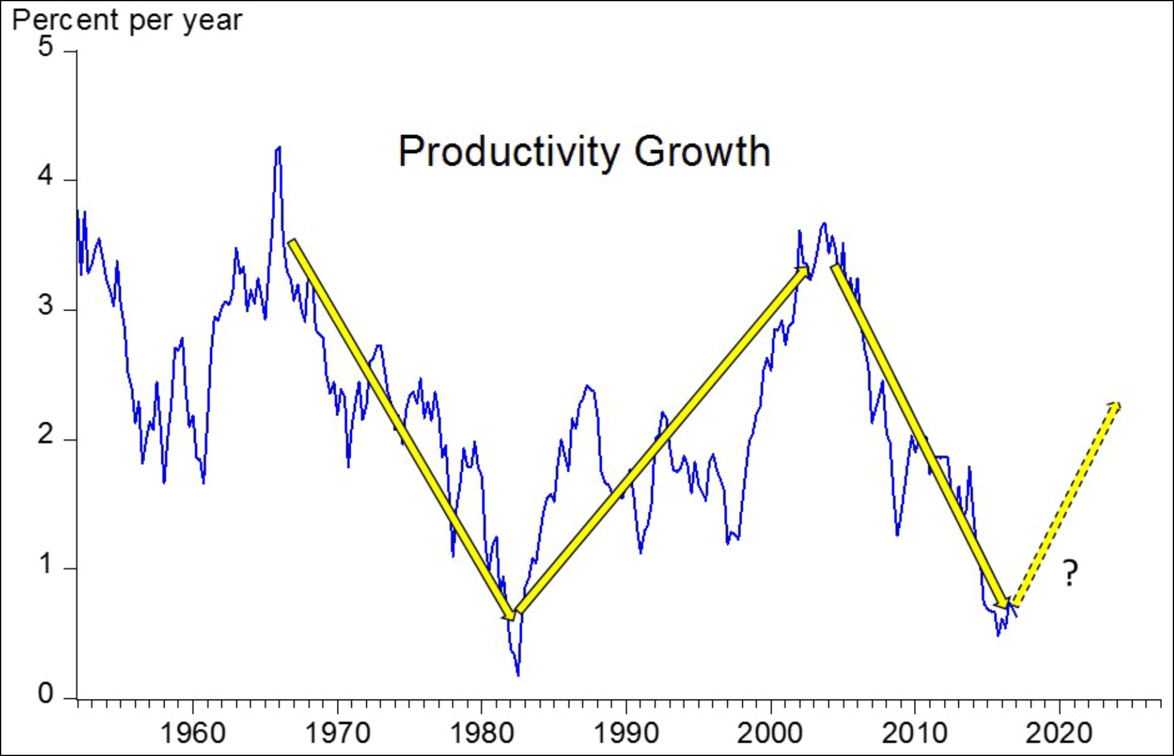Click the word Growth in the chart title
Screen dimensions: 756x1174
click(x=702, y=152)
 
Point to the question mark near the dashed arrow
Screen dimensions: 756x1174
click(x=1070, y=573)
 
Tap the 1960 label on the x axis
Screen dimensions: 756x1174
click(x=193, y=733)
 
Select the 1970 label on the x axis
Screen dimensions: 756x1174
click(x=337, y=733)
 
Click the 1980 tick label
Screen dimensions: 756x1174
click(x=482, y=733)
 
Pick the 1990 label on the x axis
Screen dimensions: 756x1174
click(x=626, y=733)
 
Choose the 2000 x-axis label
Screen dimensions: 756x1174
click(x=770, y=733)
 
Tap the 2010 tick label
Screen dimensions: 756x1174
click(x=914, y=733)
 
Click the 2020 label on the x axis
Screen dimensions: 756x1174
click(x=1059, y=733)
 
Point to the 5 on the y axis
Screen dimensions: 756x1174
click(x=45, y=47)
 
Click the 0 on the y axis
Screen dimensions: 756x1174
click(x=45, y=695)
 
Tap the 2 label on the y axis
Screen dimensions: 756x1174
click(x=45, y=435)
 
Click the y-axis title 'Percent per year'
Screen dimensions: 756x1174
click(x=127, y=20)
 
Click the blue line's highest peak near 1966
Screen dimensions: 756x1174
click(x=277, y=148)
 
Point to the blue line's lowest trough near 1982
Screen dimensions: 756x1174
click(x=518, y=674)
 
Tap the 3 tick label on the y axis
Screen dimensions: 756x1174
click(x=45, y=306)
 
